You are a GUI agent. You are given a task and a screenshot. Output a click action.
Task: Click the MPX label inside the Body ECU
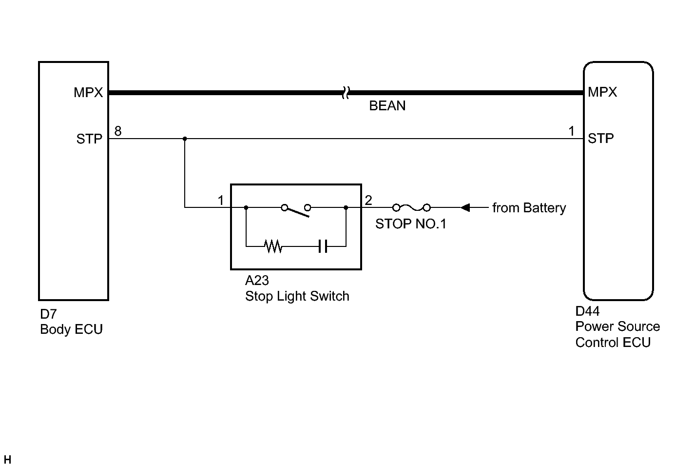coord(88,92)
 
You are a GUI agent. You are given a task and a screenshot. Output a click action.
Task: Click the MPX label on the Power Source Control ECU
coord(602,92)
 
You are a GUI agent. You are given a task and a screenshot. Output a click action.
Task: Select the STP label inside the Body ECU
coord(89,139)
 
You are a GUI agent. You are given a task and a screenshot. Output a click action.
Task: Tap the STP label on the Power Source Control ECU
coord(600,139)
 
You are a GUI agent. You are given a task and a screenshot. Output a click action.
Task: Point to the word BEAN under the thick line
coord(387,106)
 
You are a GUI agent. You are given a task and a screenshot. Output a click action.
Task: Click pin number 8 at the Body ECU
coord(117,131)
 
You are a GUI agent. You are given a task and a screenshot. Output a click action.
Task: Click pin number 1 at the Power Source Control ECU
coord(571,131)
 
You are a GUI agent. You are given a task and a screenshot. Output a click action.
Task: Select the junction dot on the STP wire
coord(185,139)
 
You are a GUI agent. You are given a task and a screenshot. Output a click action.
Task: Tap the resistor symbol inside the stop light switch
coord(273,246)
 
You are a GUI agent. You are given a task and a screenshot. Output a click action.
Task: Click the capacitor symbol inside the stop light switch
coord(323,246)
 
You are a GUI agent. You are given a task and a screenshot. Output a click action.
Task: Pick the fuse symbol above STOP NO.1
coord(411,207)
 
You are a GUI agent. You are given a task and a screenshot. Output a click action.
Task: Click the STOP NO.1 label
coord(410,224)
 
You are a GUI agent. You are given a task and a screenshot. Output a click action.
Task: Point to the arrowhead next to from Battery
coord(465,207)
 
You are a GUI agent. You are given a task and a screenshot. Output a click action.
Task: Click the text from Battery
coord(529,208)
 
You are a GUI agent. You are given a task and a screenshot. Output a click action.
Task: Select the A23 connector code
coord(257,281)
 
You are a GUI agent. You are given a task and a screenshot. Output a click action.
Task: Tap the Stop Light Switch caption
coord(297,296)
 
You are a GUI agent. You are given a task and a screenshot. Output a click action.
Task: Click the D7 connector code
coord(48,314)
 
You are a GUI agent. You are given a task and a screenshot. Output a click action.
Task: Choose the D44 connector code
coord(587,311)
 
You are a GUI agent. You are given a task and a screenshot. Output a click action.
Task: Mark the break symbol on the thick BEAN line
coord(346,92)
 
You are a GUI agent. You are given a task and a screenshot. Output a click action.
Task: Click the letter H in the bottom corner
coord(7,460)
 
